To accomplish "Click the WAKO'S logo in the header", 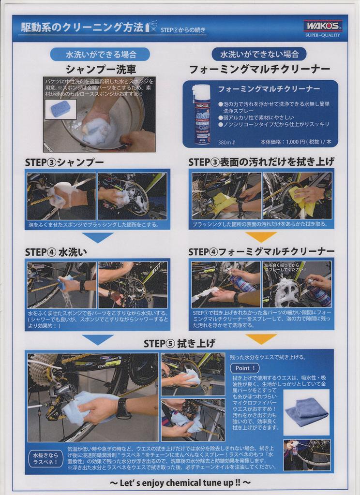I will click(323, 26).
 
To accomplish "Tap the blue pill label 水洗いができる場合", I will click(100, 54).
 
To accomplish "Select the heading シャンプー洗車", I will click(101, 69).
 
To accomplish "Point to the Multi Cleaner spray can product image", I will click(201, 115).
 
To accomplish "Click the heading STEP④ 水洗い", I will click(56, 252).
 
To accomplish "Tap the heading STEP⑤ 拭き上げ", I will click(180, 343).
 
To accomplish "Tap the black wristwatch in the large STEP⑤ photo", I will click(123, 408).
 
